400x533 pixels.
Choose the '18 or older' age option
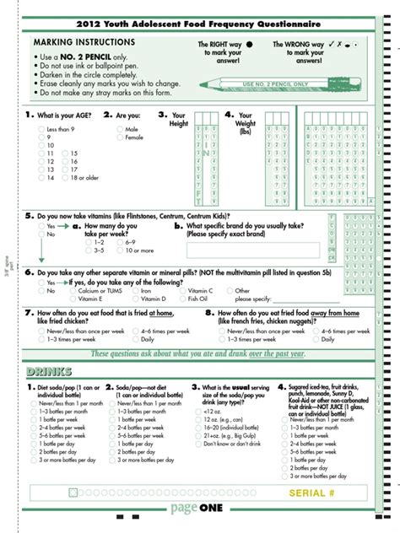65,178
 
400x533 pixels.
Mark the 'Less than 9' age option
41,129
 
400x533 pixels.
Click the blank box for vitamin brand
252,249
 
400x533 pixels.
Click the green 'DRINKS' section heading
49,372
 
